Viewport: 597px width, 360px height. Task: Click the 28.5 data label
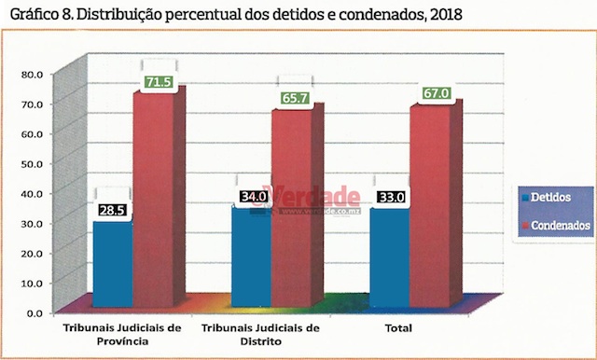click(x=112, y=211)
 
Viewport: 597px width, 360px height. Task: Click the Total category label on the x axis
click(x=401, y=328)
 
